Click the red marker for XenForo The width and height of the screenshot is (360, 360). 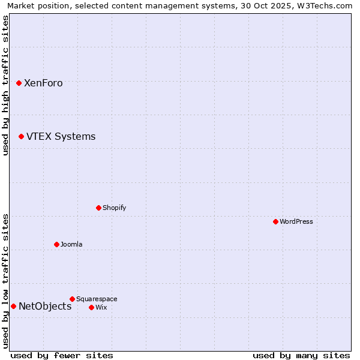[19, 83]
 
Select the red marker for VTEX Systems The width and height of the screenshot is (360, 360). [21, 136]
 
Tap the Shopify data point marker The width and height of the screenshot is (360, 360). [98, 208]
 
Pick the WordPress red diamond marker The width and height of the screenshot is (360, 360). [275, 221]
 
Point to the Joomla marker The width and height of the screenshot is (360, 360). [56, 244]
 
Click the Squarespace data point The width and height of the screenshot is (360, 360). [72, 299]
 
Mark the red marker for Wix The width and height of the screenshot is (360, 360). [91, 307]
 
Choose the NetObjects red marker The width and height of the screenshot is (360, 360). [13, 306]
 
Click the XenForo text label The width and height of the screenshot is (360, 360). [43, 83]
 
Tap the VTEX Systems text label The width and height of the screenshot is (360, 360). [61, 137]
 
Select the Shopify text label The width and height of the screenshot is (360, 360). [114, 208]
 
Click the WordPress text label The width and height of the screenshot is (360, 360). [296, 222]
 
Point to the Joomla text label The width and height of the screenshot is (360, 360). [71, 245]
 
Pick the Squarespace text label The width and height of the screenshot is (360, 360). [97, 299]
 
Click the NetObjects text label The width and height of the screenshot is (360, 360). [45, 307]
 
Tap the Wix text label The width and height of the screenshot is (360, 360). [101, 308]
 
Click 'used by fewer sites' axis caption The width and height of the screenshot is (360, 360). [62, 355]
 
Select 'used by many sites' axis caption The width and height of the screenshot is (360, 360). [301, 355]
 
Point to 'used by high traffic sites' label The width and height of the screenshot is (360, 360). [5, 85]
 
